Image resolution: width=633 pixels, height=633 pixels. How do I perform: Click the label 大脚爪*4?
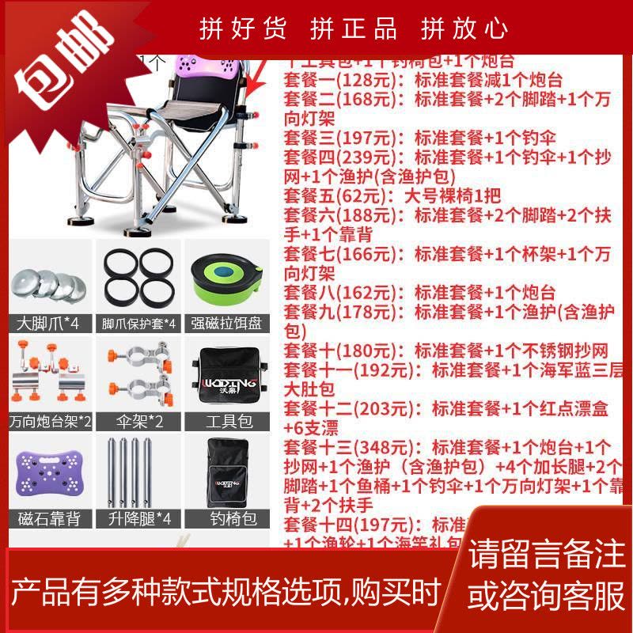tap(49, 324)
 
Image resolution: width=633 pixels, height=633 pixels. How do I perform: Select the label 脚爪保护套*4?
tap(138, 324)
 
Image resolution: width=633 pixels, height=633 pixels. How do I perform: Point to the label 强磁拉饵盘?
tap(227, 324)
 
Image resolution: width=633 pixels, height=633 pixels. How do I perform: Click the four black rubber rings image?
tap(138, 279)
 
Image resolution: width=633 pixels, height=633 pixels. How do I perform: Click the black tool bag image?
tap(227, 377)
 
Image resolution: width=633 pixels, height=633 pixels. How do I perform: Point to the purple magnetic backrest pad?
tap(49, 472)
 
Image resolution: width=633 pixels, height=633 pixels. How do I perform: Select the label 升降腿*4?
tap(138, 520)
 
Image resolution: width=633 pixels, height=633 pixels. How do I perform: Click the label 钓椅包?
tap(227, 520)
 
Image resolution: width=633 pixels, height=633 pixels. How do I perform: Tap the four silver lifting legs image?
tap(138, 472)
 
